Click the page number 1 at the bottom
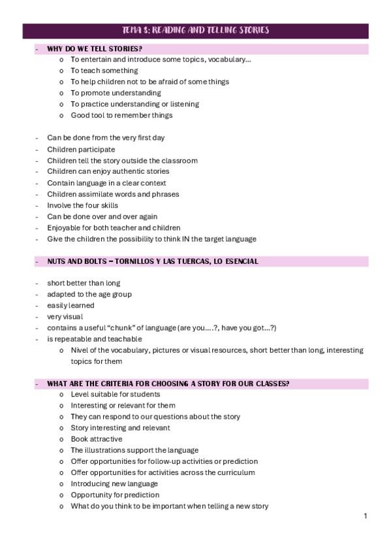(x=365, y=516)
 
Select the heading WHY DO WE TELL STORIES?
(x=95, y=48)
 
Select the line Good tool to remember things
(x=121, y=116)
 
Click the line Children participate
(x=81, y=150)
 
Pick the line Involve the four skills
(x=82, y=205)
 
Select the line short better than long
(x=84, y=284)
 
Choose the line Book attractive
(x=97, y=439)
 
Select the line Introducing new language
(x=114, y=483)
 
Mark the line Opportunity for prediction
(x=114, y=495)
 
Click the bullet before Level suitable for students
(x=61, y=395)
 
